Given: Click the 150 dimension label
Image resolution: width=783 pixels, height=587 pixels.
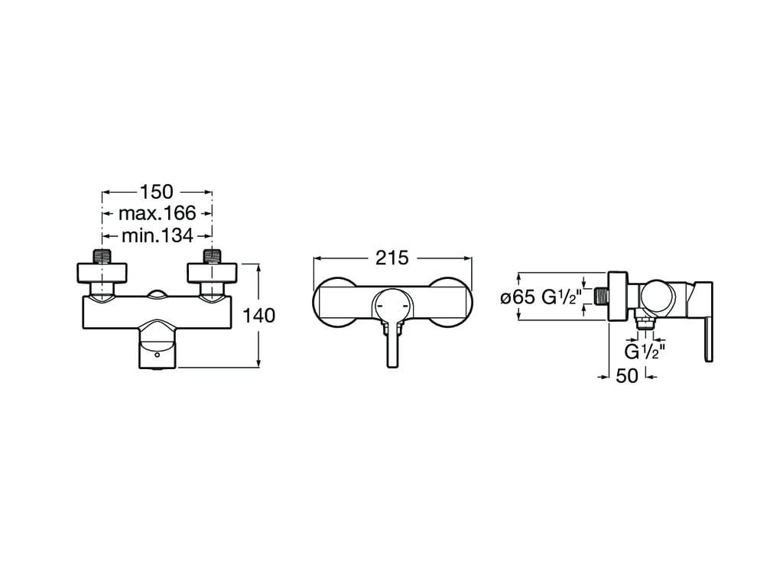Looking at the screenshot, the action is [x=156, y=192].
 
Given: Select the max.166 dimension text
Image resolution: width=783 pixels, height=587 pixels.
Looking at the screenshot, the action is [x=158, y=214].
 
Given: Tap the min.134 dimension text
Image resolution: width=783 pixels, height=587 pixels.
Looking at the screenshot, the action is [x=158, y=235].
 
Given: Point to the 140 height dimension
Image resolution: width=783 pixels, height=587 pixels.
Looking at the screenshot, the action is [x=258, y=316].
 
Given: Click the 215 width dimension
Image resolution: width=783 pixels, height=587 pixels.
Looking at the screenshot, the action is [x=392, y=258].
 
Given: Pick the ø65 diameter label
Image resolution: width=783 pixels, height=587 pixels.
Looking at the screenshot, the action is [x=518, y=297].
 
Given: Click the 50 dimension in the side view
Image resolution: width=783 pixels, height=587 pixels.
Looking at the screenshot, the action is [x=627, y=376].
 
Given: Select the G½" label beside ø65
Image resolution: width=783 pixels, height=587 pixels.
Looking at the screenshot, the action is [x=562, y=297].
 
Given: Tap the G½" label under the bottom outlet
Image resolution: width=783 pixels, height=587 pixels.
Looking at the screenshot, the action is [x=645, y=352].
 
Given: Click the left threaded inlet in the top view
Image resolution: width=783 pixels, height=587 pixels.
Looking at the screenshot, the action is [x=102, y=256].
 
